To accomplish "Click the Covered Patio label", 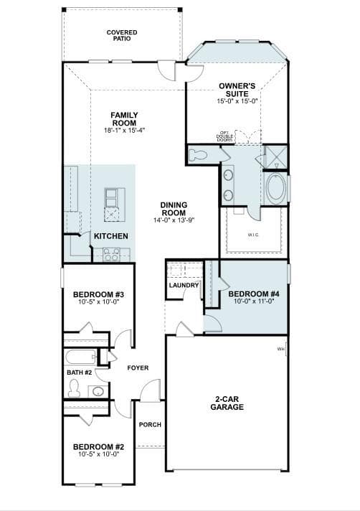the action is pyautogui.click(x=122, y=35).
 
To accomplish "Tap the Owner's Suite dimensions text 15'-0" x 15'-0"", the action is pyautogui.click(x=237, y=101).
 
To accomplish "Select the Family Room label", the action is pyautogui.click(x=124, y=119).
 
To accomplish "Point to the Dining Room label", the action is pyautogui.click(x=174, y=209).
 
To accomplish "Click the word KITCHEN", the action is pyautogui.click(x=110, y=236).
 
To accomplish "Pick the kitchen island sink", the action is pyautogui.click(x=112, y=198).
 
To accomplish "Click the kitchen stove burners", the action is pyautogui.click(x=111, y=255).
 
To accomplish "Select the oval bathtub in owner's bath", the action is pyautogui.click(x=276, y=189).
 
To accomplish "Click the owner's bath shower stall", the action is pyautogui.click(x=276, y=156).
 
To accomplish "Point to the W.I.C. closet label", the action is pyautogui.click(x=253, y=235).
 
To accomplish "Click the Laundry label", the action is pyautogui.click(x=184, y=286).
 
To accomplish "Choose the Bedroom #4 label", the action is pyautogui.click(x=254, y=294).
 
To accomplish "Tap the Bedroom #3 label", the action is pyautogui.click(x=98, y=294).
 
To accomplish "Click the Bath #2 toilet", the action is pyautogui.click(x=74, y=388).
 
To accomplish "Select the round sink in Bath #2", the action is pyautogui.click(x=98, y=391).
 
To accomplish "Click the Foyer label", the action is pyautogui.click(x=138, y=368).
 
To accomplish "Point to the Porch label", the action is pyautogui.click(x=150, y=425).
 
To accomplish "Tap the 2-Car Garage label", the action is pyautogui.click(x=227, y=403).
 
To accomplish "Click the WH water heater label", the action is pyautogui.click(x=281, y=350).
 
